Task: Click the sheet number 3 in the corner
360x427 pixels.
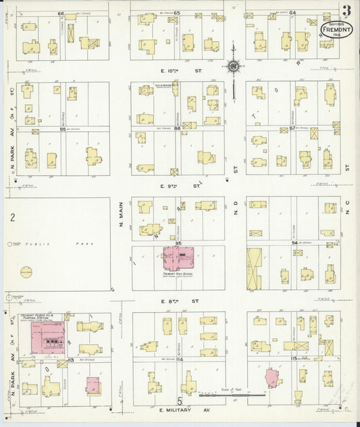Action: [346, 11]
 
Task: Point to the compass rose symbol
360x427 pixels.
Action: [233, 66]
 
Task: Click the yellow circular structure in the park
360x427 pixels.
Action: [26, 272]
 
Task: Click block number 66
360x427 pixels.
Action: [61, 14]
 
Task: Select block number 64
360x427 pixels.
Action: [292, 12]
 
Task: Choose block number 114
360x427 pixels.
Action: [179, 359]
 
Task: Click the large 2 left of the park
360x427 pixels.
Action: [12, 217]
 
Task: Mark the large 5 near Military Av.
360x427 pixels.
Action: [180, 402]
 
